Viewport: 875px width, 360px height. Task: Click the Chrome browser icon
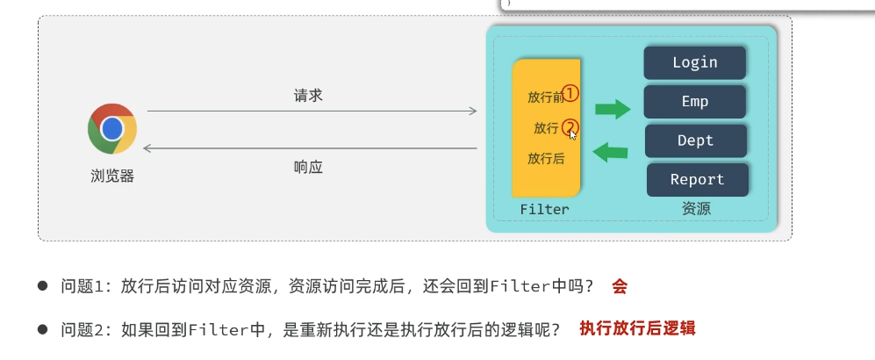click(111, 129)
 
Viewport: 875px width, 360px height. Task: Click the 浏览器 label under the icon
click(112, 176)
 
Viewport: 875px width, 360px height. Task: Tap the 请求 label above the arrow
click(309, 96)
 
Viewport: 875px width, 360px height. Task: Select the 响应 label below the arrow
click(309, 166)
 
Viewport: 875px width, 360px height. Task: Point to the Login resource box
click(695, 62)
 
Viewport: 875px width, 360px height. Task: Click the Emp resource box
click(695, 101)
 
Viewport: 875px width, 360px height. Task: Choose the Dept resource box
click(696, 140)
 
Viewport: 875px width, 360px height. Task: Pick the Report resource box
click(698, 179)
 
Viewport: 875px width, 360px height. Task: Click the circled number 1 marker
click(570, 93)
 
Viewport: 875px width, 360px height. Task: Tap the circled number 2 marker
click(570, 127)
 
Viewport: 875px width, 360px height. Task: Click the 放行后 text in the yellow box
click(546, 159)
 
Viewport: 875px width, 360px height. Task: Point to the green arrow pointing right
click(613, 109)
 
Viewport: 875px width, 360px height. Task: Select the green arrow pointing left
click(611, 153)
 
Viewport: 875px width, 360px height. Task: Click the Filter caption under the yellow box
click(544, 209)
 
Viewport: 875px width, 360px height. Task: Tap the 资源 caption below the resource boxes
click(696, 209)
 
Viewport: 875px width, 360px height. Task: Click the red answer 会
click(620, 286)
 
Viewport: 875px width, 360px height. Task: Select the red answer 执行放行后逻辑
click(637, 328)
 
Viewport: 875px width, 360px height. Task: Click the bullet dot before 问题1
click(42, 287)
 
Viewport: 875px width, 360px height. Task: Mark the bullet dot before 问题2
click(42, 329)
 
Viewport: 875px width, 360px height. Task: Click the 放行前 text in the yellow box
click(544, 96)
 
